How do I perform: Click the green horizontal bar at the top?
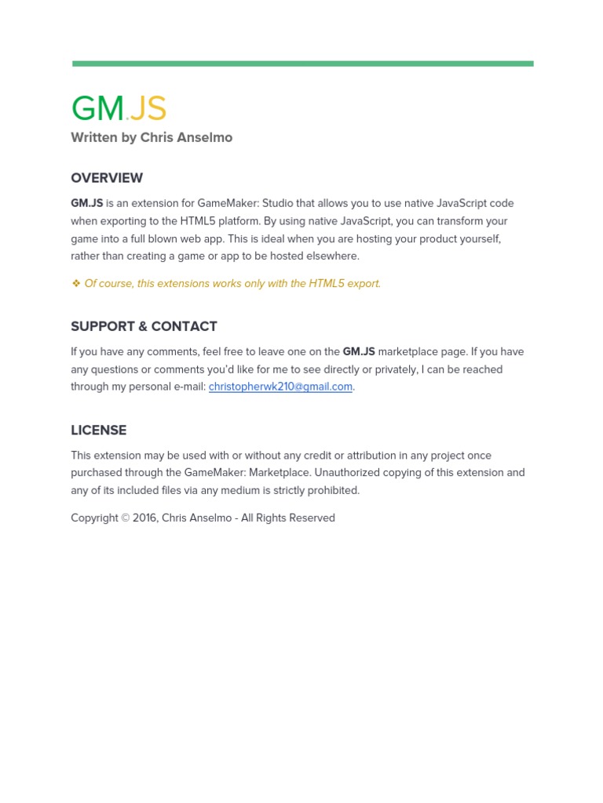point(302,64)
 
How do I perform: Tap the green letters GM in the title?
point(97,109)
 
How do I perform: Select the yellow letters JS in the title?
point(148,109)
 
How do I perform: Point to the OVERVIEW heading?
point(107,178)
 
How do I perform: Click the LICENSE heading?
point(98,431)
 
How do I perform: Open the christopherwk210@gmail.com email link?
point(280,387)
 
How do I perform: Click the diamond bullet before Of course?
point(76,284)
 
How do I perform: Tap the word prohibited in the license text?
point(331,491)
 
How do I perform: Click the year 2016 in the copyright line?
point(144,518)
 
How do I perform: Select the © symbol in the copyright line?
point(126,518)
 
